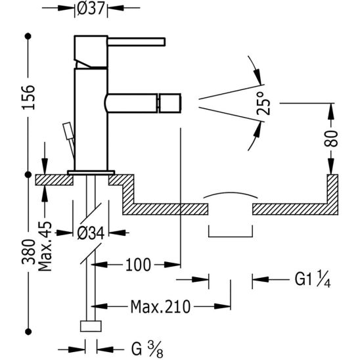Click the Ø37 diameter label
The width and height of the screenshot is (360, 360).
click(91, 8)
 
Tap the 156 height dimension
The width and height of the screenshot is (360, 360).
click(28, 97)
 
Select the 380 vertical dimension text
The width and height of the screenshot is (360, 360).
click(28, 252)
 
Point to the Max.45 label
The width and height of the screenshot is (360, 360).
click(45, 246)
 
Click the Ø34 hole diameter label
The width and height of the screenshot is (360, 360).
click(91, 233)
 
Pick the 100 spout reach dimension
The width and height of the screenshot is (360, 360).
click(138, 265)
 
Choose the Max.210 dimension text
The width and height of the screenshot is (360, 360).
click(160, 307)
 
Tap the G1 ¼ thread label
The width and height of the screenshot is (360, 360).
click(313, 279)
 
